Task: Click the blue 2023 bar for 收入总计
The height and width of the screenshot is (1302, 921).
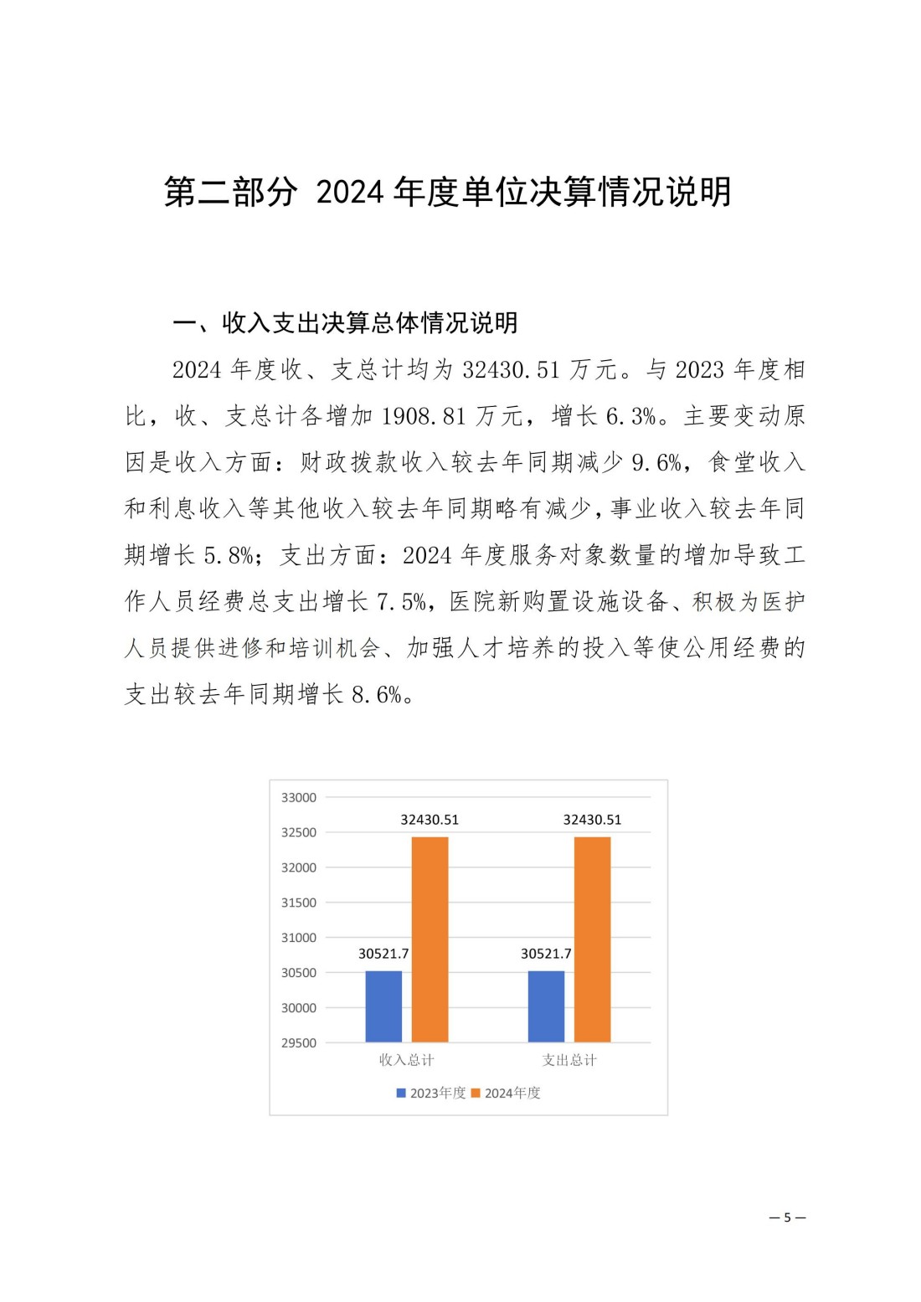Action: (383, 1006)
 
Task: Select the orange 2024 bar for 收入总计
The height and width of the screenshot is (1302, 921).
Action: (430, 939)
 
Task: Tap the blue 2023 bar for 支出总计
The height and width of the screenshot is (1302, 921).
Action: (546, 1006)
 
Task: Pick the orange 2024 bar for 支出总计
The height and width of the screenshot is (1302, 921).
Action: (592, 939)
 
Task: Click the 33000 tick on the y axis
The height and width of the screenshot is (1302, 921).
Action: (299, 798)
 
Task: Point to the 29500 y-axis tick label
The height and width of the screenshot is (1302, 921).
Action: (299, 1043)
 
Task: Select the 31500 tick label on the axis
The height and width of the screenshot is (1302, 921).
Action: (299, 903)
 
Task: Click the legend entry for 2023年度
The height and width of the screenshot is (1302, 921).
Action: (431, 1093)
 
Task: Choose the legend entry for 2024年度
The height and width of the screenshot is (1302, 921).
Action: (507, 1093)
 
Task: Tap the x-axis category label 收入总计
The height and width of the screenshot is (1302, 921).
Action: (406, 1060)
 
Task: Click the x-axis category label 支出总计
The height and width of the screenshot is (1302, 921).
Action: (569, 1060)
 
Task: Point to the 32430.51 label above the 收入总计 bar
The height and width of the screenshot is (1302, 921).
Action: (430, 820)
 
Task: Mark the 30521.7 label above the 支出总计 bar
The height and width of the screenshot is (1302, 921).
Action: (546, 954)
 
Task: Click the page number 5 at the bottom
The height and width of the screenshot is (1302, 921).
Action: (787, 1217)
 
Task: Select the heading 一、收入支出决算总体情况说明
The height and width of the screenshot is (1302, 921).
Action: (345, 322)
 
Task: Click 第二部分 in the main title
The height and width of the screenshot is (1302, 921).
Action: (230, 192)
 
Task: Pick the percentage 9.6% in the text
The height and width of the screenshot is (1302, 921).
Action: (656, 462)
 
